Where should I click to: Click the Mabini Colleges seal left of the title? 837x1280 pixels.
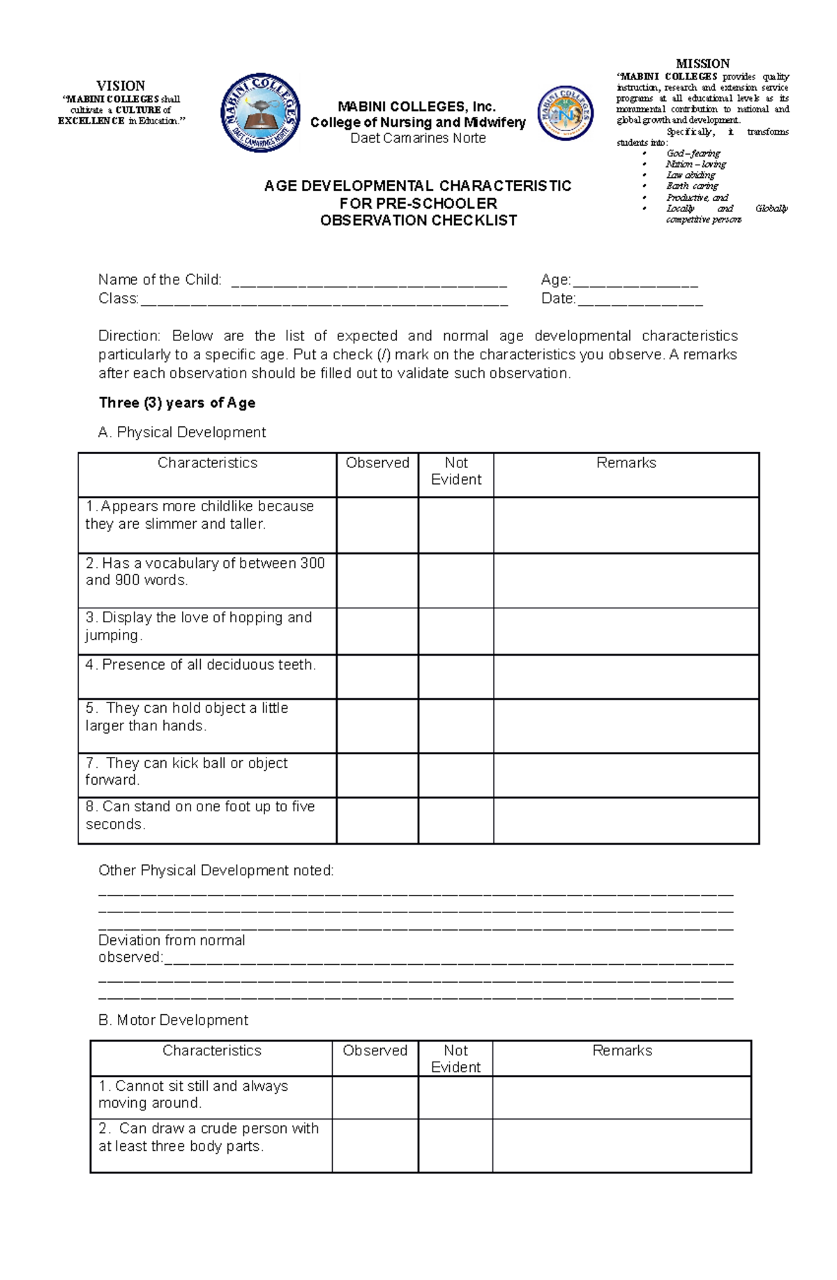point(260,112)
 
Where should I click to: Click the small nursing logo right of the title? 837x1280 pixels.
point(565,113)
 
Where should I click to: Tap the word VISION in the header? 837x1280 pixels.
point(121,86)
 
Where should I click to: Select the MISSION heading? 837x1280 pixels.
point(702,63)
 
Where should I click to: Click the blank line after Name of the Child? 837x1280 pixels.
point(368,281)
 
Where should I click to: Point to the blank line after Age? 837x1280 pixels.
point(635,281)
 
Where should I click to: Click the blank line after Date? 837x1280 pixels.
point(640,300)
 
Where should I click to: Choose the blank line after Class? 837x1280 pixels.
point(324,300)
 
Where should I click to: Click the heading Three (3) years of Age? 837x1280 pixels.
point(177,402)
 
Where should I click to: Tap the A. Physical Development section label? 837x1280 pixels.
point(182,432)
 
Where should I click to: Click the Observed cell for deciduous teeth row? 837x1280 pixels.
point(377,677)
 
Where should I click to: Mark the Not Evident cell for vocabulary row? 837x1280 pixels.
point(456,580)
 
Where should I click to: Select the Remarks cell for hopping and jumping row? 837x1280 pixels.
point(626,631)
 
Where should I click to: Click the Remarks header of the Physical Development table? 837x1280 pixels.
point(626,463)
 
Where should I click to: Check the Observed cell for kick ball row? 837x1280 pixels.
point(377,775)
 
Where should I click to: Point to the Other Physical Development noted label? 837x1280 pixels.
point(216,871)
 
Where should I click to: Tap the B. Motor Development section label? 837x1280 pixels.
point(174,1020)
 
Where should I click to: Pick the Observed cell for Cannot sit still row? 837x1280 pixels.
point(375,1097)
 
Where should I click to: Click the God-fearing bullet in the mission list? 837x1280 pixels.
point(693,153)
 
